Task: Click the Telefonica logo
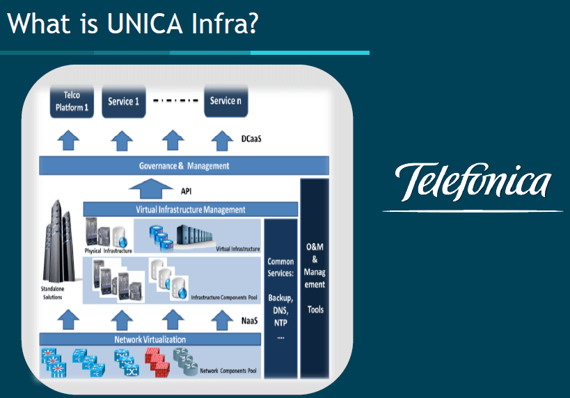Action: (473, 182)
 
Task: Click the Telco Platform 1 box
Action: (72, 102)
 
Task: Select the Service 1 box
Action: (123, 101)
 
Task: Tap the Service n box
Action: (225, 101)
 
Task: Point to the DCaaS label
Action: (252, 139)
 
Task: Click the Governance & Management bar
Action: (184, 166)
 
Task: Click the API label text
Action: (186, 190)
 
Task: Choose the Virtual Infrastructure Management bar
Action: (190, 209)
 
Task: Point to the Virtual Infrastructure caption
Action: (237, 249)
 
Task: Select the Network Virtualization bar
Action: (150, 340)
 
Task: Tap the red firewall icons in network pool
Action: (159, 363)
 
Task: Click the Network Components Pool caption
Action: (228, 372)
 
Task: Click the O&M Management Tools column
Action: (315, 278)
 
